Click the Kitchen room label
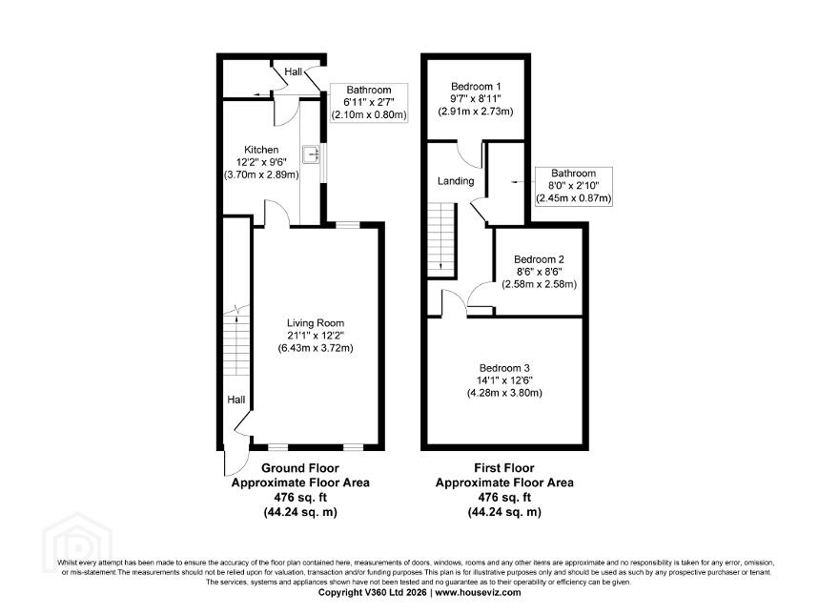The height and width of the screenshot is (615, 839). tap(261, 150)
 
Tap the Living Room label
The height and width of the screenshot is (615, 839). tap(316, 323)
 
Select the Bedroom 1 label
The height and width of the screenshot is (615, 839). tap(476, 87)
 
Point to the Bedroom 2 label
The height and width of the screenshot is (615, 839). tap(539, 259)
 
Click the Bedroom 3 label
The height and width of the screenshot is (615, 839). tap(504, 368)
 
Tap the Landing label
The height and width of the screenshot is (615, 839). tap(456, 181)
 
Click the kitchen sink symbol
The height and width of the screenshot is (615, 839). tap(311, 154)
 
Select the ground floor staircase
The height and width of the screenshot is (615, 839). tap(236, 340)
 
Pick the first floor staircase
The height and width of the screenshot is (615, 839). tap(441, 239)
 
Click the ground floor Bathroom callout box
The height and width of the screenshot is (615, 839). tap(369, 102)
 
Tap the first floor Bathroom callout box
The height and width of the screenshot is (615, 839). tap(574, 186)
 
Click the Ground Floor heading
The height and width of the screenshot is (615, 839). tap(300, 468)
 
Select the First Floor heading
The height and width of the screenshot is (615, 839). tap(504, 468)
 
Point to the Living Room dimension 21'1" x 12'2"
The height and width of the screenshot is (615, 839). tap(316, 336)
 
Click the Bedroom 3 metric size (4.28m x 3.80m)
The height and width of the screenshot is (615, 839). tap(504, 393)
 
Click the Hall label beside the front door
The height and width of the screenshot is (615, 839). tap(236, 400)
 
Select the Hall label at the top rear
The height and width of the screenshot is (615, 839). tap(294, 72)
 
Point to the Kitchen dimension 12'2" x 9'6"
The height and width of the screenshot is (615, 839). tap(261, 162)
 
